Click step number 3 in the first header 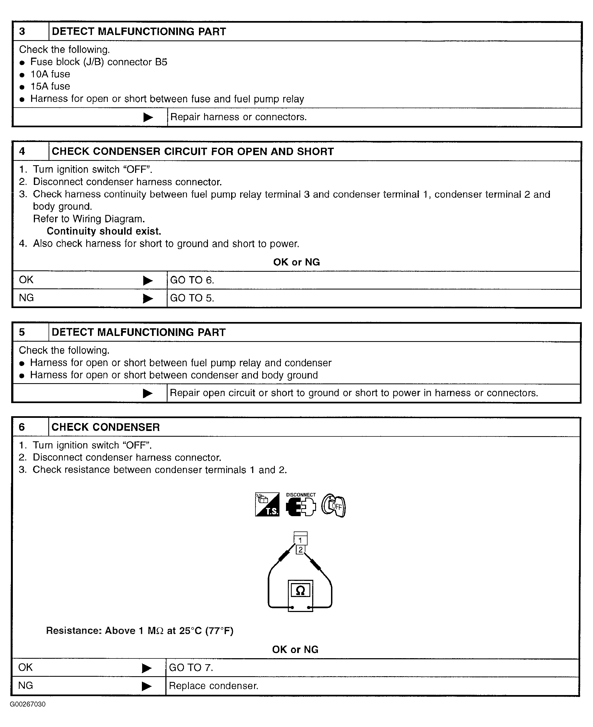pyautogui.click(x=22, y=32)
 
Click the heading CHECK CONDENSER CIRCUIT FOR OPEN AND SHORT pyautogui.click(x=192, y=151)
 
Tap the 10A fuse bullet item pyautogui.click(x=50, y=74)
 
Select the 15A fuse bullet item pyautogui.click(x=50, y=87)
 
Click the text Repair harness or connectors pyautogui.click(x=239, y=117)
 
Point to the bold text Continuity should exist pyautogui.click(x=104, y=231)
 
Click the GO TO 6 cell pyautogui.click(x=192, y=280)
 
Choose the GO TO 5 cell pyautogui.click(x=192, y=298)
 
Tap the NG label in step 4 pyautogui.click(x=26, y=298)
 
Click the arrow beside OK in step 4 pyautogui.click(x=148, y=281)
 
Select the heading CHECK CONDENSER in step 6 pyautogui.click(x=106, y=427)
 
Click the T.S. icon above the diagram pyautogui.click(x=267, y=504)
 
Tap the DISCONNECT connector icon pyautogui.click(x=301, y=505)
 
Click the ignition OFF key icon pyautogui.click(x=334, y=505)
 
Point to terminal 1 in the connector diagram pyautogui.click(x=300, y=540)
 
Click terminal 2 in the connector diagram pyautogui.click(x=300, y=549)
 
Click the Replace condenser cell pyautogui.click(x=213, y=686)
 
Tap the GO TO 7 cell pyautogui.click(x=191, y=667)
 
